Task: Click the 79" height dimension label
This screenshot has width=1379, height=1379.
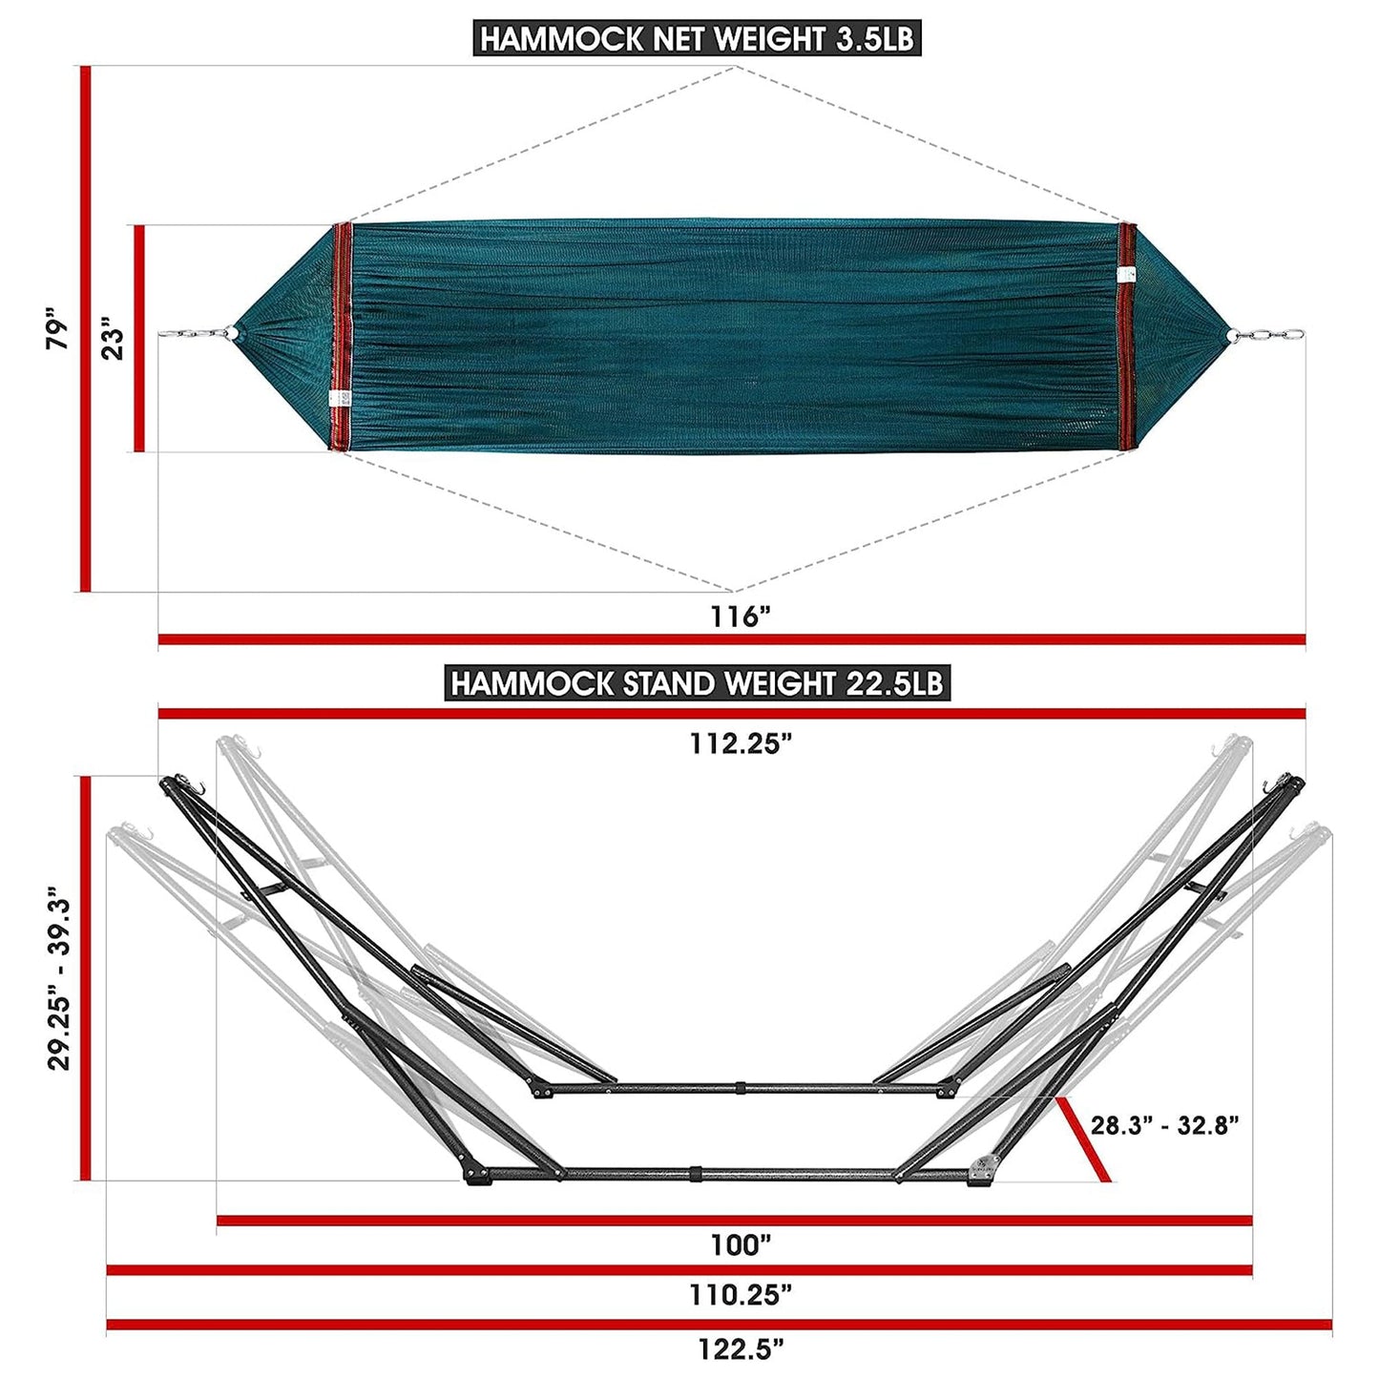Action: pyautogui.click(x=58, y=329)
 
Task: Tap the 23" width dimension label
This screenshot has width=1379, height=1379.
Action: pyautogui.click(x=114, y=342)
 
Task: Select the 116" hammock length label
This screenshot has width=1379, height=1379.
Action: pyautogui.click(x=740, y=616)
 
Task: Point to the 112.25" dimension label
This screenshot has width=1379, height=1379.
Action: pyautogui.click(x=742, y=743)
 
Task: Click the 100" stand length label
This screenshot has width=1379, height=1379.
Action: pyautogui.click(x=741, y=1244)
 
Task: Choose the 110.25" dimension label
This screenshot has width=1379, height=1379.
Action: pyautogui.click(x=741, y=1295)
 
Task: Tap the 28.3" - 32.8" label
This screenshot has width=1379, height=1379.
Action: pyautogui.click(x=1164, y=1125)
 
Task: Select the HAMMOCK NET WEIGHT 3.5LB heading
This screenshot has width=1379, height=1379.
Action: pyautogui.click(x=697, y=39)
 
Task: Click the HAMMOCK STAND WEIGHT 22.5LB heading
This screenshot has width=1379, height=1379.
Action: pyautogui.click(x=697, y=683)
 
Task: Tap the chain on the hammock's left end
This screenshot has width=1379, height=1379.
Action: pyautogui.click(x=196, y=334)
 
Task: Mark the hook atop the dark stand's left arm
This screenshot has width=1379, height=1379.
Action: pyautogui.click(x=199, y=786)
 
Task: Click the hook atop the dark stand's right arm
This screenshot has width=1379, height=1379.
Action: pyautogui.click(x=1271, y=786)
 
